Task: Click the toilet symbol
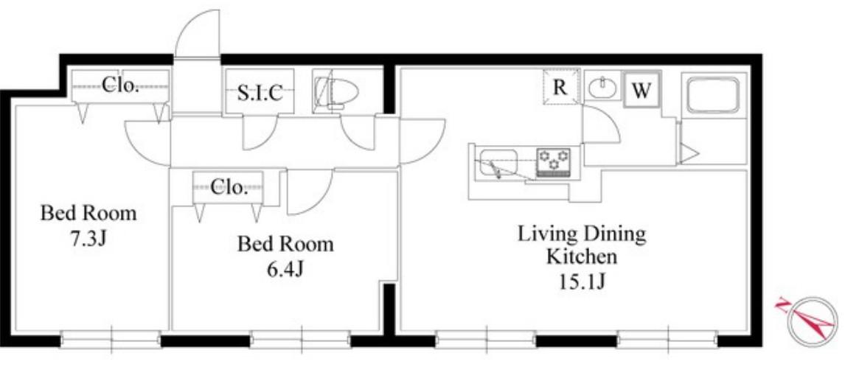337,92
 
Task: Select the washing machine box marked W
641,90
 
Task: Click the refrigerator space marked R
561,87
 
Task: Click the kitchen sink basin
498,163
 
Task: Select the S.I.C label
260,93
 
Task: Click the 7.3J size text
88,239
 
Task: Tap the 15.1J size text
582,282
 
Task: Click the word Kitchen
582,256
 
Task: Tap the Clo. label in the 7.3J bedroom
120,85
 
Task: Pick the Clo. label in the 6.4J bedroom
229,187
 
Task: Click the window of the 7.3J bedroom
111,340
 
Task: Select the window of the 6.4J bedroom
301,340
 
